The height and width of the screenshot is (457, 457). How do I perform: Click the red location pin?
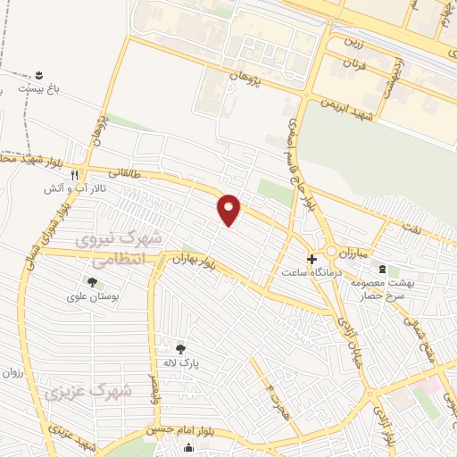point(230,209)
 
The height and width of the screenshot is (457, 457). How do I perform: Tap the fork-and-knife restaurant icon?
point(76,176)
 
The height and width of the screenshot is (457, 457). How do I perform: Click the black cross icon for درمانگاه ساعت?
point(311,259)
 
